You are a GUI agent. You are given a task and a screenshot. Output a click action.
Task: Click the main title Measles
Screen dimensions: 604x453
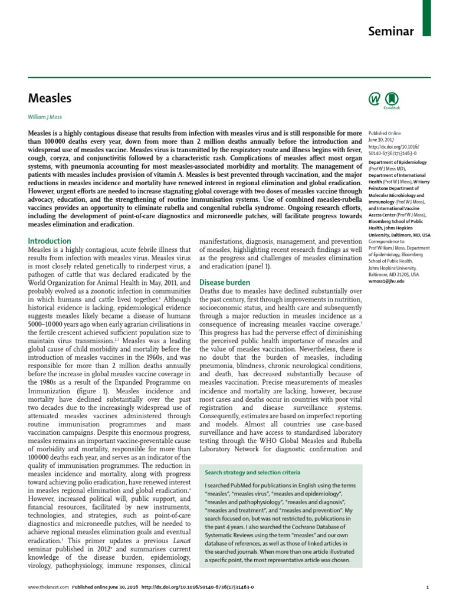click(50, 98)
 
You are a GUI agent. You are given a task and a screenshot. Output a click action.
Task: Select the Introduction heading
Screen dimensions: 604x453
click(50, 241)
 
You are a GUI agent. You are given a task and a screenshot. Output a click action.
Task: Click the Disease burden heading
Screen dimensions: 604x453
click(225, 283)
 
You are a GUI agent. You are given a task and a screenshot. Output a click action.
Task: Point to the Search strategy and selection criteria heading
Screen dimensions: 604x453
click(252, 472)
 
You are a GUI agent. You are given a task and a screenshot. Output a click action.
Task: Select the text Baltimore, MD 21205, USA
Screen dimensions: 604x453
click(390, 274)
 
